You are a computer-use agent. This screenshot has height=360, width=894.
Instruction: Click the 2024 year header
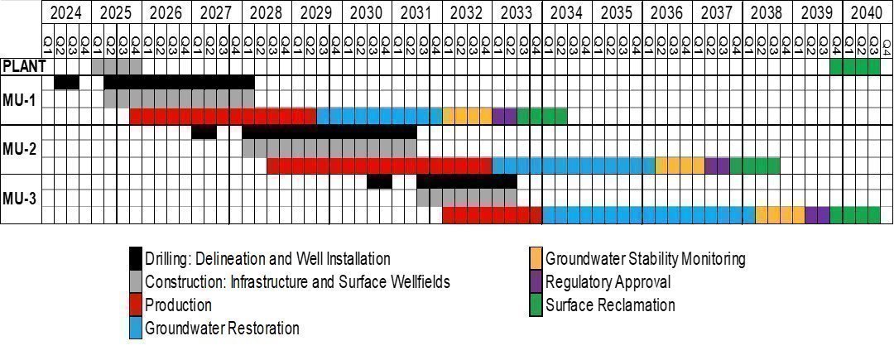pos(66,13)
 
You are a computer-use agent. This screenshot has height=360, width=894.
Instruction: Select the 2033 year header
pos(517,13)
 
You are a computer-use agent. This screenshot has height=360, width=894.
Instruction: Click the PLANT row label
pos(22,66)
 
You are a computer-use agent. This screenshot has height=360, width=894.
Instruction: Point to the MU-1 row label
pos(20,99)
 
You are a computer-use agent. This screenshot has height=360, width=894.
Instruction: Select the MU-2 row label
pos(20,149)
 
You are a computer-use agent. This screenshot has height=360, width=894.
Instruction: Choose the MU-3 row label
pos(20,199)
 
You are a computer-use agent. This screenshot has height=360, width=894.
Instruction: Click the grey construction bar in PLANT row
pos(117,66)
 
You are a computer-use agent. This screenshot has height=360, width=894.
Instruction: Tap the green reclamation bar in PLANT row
pos(854,66)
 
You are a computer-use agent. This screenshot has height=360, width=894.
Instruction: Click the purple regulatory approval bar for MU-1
pos(504,116)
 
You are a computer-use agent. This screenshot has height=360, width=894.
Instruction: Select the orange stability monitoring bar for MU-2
pos(680,166)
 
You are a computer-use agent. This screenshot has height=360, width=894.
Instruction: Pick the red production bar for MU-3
pos(492,215)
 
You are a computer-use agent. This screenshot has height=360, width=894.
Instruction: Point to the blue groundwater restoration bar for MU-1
pos(379,116)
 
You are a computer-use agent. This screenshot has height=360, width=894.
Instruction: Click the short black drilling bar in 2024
pos(66,83)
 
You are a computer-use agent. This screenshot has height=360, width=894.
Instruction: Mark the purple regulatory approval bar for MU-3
pos(817,215)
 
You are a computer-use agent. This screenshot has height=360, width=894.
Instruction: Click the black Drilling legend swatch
pos(137,259)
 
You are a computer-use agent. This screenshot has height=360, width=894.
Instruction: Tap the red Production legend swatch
pos(137,305)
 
